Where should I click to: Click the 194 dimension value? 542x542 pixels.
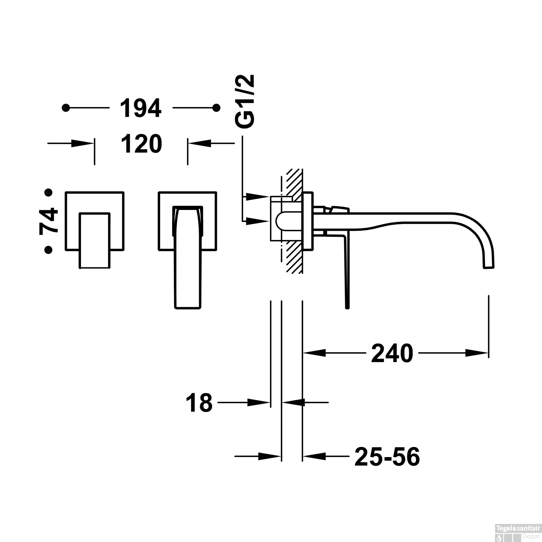click(x=140, y=108)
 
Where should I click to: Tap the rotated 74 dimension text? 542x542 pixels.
click(x=49, y=221)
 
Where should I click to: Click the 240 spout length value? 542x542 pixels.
click(x=392, y=353)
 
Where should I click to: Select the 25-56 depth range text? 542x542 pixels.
click(x=387, y=457)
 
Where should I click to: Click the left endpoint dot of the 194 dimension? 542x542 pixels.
click(x=65, y=108)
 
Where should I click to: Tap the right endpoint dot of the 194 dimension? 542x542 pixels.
click(x=216, y=108)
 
